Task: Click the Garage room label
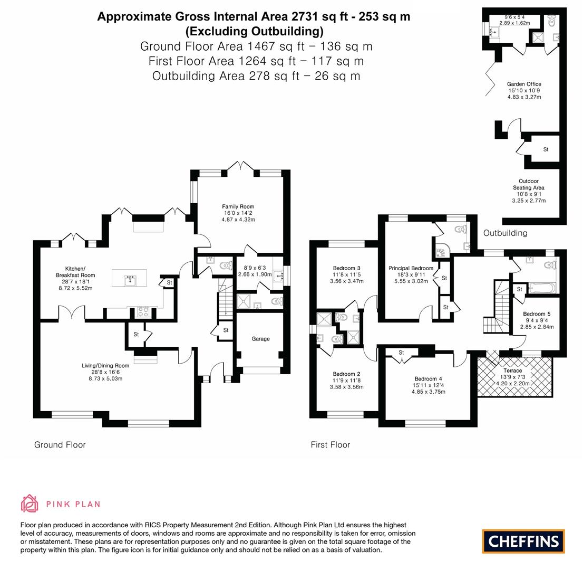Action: [260, 339]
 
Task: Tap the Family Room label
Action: [238, 206]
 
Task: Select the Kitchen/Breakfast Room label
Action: [75, 272]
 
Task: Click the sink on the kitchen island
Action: [129, 280]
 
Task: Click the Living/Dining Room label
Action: [105, 366]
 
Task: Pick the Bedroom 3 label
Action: [346, 268]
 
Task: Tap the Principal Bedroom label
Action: [411, 268]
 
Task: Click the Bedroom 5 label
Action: [537, 314]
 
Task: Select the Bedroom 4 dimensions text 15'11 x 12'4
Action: [428, 385]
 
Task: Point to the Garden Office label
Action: [524, 84]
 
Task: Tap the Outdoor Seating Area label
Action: [528, 184]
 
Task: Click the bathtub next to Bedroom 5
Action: [541, 288]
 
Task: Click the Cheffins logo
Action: [523, 541]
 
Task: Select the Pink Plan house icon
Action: [30, 503]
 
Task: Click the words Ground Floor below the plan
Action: [60, 445]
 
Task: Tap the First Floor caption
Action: [330, 445]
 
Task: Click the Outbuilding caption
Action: [505, 233]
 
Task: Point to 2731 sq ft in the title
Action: [322, 17]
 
